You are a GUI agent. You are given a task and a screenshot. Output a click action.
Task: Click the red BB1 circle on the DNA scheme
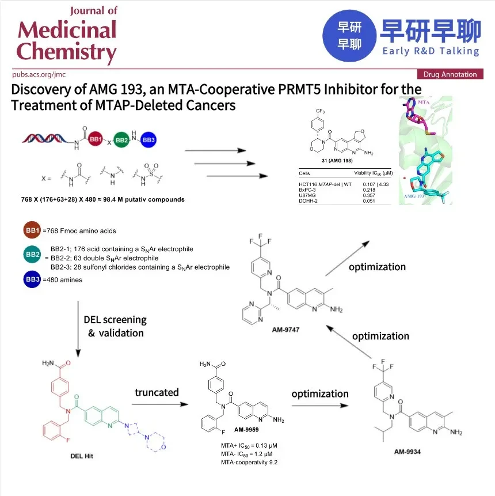point(96,139)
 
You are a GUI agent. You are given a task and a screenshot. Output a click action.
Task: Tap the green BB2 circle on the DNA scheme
point(121,140)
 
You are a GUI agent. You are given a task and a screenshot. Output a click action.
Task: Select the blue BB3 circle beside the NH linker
point(148,139)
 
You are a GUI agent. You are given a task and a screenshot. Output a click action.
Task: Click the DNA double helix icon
point(44,139)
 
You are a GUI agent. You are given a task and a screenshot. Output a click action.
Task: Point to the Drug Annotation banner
point(450,74)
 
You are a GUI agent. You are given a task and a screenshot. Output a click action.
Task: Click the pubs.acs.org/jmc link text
point(39,74)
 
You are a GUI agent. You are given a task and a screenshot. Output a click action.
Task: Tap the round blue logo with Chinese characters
point(349,36)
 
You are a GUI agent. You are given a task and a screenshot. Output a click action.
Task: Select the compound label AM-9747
point(285,330)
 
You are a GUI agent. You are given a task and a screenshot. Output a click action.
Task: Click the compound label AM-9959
point(246,430)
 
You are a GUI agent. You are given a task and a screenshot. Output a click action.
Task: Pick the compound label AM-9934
point(407,452)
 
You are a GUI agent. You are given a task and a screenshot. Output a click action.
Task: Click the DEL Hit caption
point(82,456)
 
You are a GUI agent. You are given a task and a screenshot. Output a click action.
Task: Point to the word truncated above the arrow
point(157,392)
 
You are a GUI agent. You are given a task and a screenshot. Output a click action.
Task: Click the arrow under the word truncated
point(160,404)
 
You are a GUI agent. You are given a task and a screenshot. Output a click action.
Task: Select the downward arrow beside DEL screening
point(78,329)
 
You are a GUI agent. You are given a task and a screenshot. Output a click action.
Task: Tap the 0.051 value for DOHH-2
point(369,201)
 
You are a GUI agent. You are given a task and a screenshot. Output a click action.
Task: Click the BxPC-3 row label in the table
point(307,190)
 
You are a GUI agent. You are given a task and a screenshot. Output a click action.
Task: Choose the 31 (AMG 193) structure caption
point(337,160)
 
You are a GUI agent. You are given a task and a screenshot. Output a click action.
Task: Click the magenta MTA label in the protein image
point(424,102)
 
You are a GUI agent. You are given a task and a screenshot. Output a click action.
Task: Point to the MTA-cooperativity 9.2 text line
point(249,462)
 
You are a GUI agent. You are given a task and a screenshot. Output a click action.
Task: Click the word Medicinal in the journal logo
point(67,30)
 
